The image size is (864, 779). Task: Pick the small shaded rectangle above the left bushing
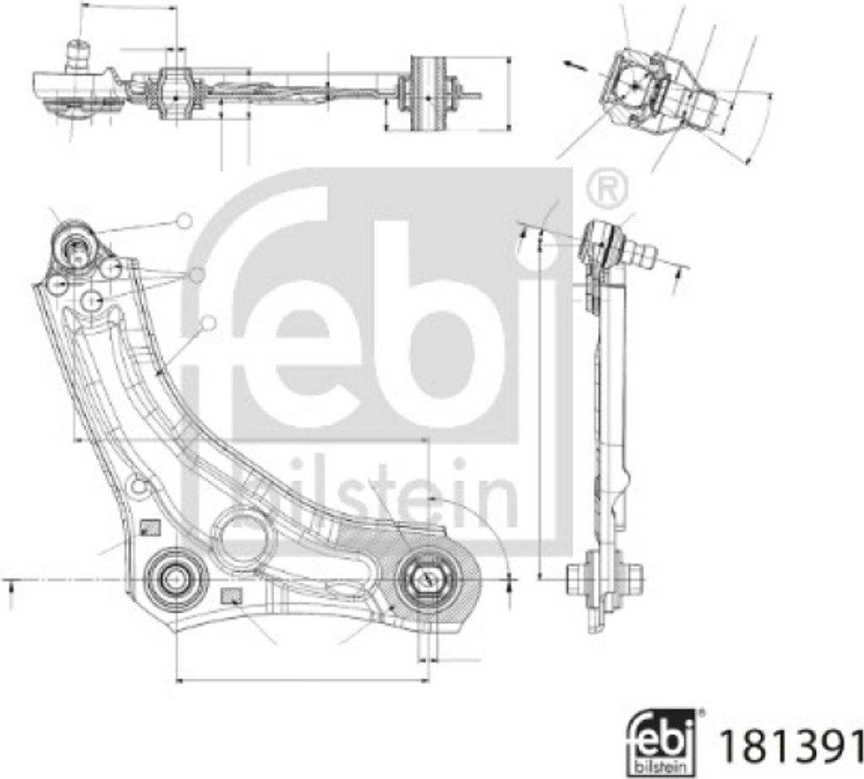tap(149, 529)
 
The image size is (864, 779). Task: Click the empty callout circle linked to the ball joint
tap(184, 222)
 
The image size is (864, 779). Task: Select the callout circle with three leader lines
tap(197, 275)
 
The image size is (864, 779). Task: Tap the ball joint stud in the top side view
tap(78, 56)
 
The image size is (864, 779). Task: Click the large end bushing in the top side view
tap(427, 93)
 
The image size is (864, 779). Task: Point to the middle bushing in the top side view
tap(175, 95)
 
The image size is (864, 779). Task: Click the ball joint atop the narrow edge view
tap(600, 239)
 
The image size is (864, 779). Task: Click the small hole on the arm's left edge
tap(140, 486)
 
